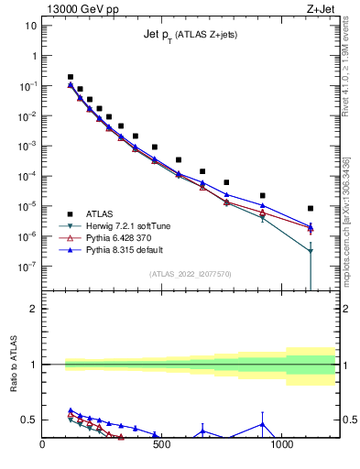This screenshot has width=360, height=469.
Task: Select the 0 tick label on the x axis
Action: [42, 445]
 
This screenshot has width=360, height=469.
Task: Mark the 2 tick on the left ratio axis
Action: [33, 309]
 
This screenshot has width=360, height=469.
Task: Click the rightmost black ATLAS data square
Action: [311, 208]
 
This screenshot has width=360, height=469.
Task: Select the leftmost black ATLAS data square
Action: [71, 77]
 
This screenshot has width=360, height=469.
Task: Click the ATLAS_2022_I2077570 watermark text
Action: [191, 273]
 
